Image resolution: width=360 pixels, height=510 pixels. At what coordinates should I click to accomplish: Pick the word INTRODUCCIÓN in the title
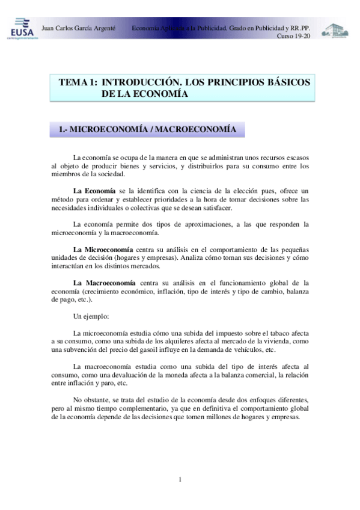[x=141, y=82]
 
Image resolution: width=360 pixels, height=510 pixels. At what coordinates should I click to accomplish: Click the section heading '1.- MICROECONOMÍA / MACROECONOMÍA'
[x=147, y=129]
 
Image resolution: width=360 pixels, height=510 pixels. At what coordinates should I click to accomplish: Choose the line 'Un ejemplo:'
[x=91, y=316]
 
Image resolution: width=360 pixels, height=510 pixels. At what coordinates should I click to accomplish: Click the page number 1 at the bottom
[x=180, y=479]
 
